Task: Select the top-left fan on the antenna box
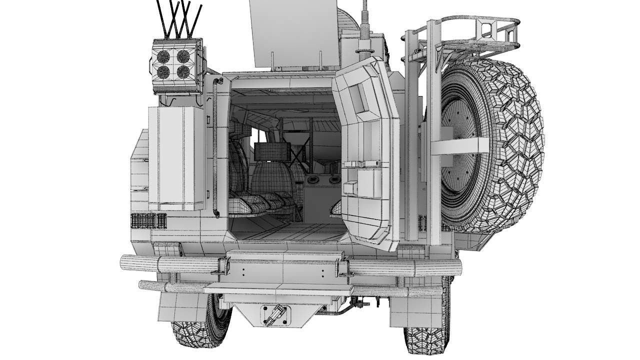[163, 56]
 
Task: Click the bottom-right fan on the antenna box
[183, 72]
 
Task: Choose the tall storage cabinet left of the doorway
[176, 157]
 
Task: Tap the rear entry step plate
[278, 288]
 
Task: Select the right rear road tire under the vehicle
[425, 337]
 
